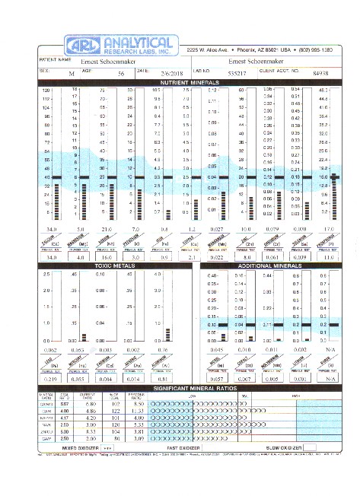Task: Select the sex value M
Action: pos(72,74)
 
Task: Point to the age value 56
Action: pos(121,74)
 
